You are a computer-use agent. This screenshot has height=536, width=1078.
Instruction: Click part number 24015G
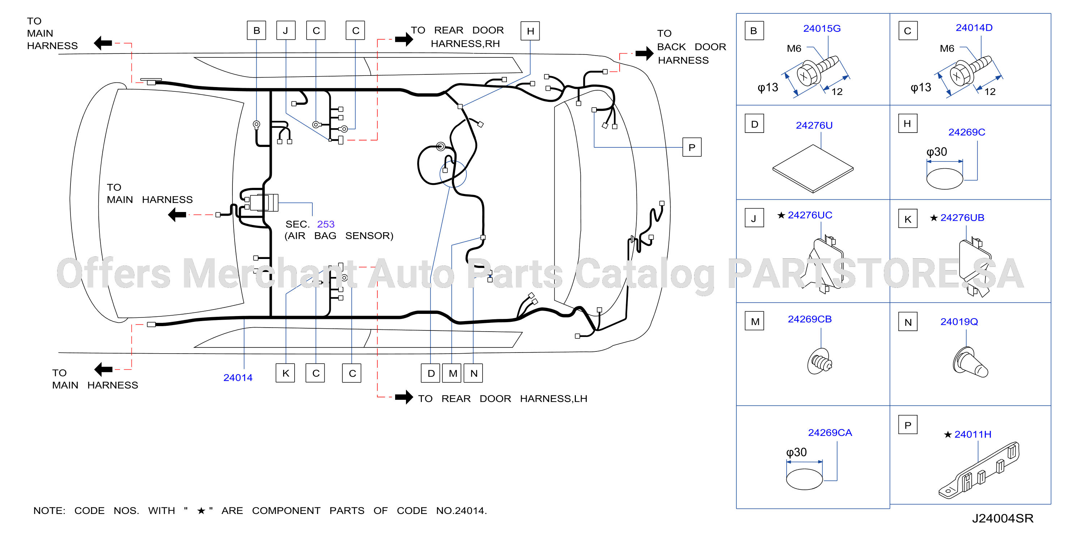click(x=821, y=29)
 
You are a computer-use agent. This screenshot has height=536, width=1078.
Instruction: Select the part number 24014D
click(x=974, y=27)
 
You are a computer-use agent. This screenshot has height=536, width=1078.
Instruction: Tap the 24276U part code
click(x=814, y=125)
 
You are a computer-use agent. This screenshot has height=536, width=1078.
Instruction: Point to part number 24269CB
click(x=809, y=319)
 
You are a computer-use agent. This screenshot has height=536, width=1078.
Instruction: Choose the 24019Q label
click(x=959, y=322)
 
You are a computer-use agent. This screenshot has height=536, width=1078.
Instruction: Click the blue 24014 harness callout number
click(x=238, y=378)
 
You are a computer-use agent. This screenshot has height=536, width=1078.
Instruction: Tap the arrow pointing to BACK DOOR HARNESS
click(x=645, y=53)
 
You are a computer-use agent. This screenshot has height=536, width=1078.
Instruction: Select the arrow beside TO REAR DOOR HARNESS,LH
click(x=404, y=397)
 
